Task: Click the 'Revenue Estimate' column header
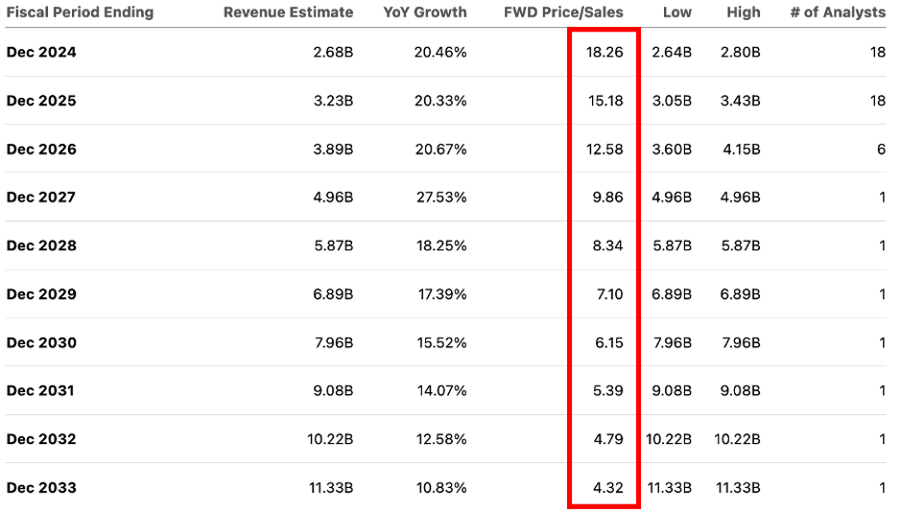pos(288,12)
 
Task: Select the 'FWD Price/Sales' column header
pos(563,12)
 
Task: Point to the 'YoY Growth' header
pos(425,12)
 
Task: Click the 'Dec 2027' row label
pos(40,198)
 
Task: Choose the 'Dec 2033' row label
pos(40,487)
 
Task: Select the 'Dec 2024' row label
pos(40,53)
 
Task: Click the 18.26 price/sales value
pos(605,53)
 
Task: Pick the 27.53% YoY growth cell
pos(440,198)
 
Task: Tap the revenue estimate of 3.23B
pos(333,101)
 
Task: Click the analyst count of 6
pos(881,150)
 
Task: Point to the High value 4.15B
pos(741,150)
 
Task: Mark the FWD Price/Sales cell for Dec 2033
pos(607,487)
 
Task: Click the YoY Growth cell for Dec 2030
pos(440,342)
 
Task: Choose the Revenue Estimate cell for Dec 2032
pos(329,439)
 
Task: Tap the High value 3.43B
pos(741,101)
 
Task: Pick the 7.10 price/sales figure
pos(607,294)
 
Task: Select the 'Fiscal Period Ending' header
pos(80,12)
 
